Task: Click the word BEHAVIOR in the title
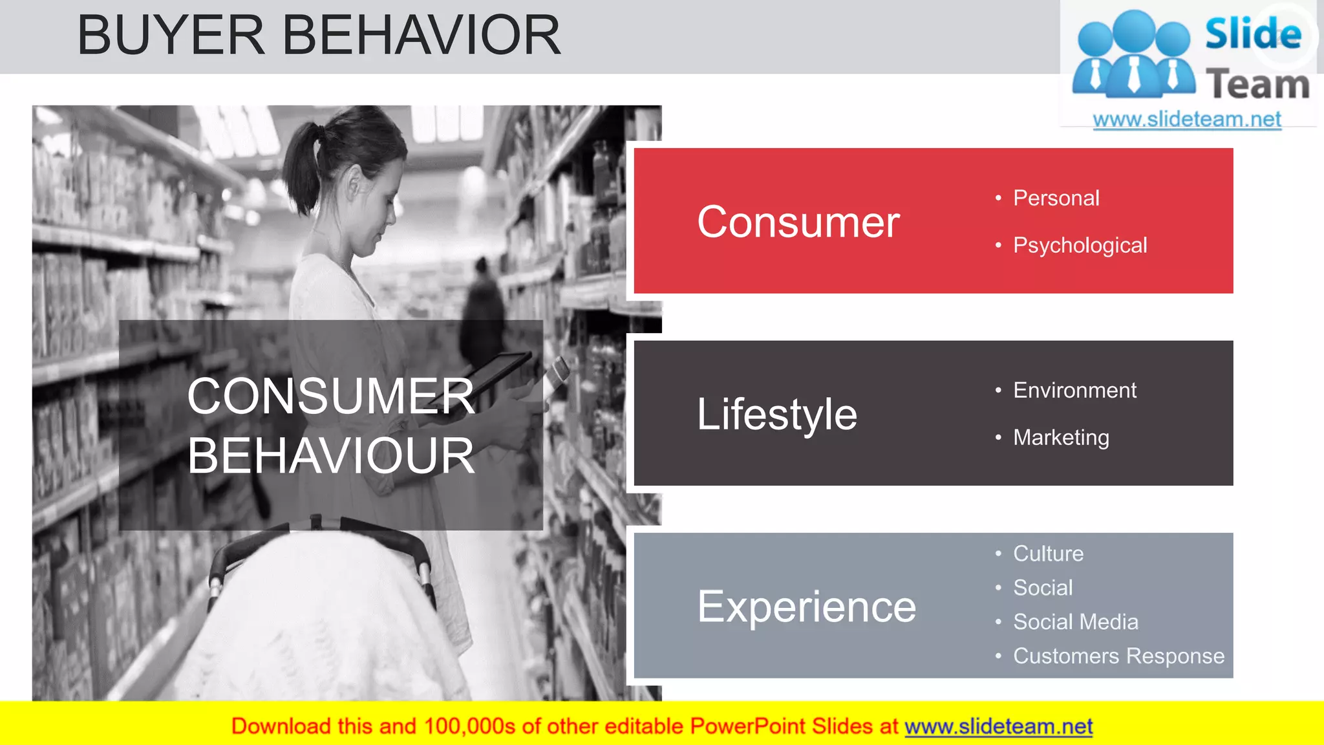[x=422, y=36]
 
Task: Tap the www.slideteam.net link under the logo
[x=1187, y=120]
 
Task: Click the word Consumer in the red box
[x=798, y=222]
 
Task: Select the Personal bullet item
[x=1056, y=198]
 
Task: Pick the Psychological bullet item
[x=1080, y=245]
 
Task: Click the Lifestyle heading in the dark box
[x=777, y=414]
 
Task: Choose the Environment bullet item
[x=1074, y=390]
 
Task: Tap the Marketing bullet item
[x=1061, y=438]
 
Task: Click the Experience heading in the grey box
[x=806, y=607]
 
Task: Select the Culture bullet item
[x=1048, y=554]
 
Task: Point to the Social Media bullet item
[x=1075, y=621]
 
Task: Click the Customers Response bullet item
[x=1118, y=656]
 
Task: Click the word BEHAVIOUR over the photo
[x=331, y=456]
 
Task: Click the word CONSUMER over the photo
[x=331, y=396]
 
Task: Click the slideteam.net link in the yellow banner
[x=998, y=726]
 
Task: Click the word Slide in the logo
[x=1253, y=34]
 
